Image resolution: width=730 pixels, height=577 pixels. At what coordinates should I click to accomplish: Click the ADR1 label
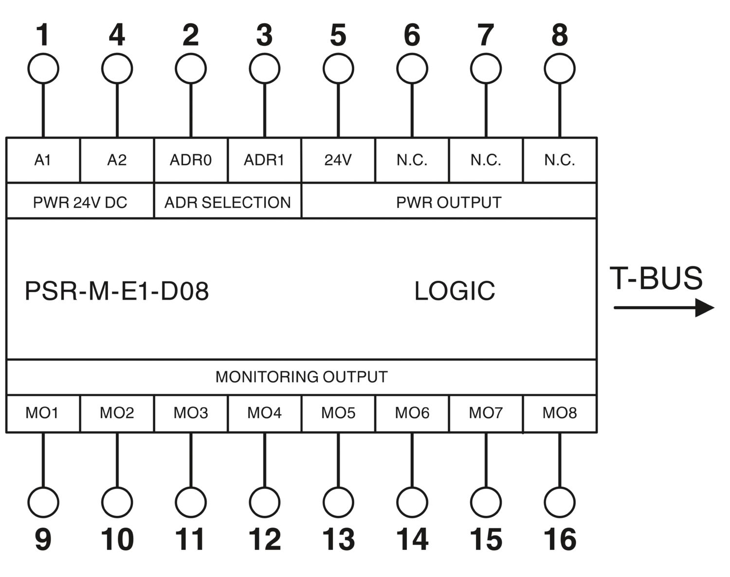coord(264,160)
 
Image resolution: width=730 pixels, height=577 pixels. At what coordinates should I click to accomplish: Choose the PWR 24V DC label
coord(80,202)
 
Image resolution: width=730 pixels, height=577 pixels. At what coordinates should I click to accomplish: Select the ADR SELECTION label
coord(228,202)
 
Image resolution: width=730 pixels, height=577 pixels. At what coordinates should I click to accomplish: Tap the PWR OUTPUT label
coord(449,202)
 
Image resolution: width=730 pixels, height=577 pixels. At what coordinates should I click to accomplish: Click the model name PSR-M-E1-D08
coord(117,291)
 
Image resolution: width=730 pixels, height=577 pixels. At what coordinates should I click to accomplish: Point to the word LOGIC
coord(455,291)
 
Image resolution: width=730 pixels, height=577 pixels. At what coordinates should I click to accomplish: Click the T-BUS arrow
coord(664,308)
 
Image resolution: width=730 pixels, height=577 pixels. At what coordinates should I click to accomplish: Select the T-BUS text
coord(656,278)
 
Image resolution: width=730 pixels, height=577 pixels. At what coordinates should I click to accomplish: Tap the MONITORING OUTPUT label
coord(302,377)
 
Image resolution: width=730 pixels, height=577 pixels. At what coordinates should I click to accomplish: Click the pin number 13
coord(338,539)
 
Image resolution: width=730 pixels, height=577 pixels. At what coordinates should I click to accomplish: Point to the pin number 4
coord(117,35)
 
